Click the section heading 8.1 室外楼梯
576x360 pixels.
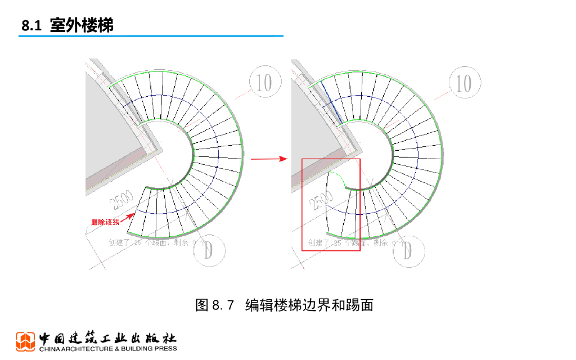(67, 26)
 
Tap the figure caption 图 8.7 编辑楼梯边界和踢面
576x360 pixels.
(284, 305)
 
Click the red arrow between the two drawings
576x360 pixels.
(268, 159)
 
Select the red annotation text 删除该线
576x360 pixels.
(106, 222)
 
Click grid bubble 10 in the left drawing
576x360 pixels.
(264, 83)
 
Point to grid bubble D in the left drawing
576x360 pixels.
(209, 251)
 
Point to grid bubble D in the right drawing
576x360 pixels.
(408, 251)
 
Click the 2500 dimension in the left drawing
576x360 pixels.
(121, 202)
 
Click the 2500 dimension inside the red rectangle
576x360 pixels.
(321, 202)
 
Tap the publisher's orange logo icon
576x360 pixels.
(25, 341)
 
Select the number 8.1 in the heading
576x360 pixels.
(31, 26)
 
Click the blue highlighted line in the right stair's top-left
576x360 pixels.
(332, 105)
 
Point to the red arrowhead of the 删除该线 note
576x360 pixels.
(134, 214)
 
